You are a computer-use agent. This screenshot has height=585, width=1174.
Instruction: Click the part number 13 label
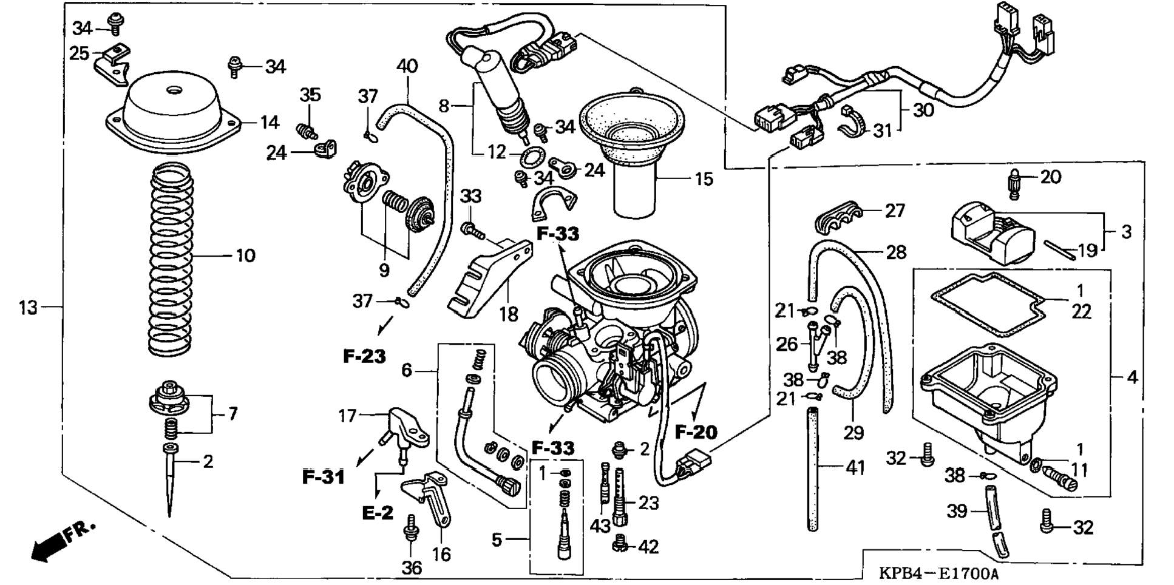[x=28, y=308]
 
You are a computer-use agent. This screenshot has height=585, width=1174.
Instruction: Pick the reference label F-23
[x=364, y=356]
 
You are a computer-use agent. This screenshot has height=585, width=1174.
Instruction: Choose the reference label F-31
[x=324, y=477]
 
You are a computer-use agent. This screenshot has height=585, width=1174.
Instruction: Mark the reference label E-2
[x=378, y=513]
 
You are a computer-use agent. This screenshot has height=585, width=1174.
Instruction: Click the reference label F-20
[x=696, y=432]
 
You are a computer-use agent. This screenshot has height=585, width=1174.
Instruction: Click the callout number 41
[x=855, y=467]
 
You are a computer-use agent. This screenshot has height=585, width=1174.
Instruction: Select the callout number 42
[x=648, y=547]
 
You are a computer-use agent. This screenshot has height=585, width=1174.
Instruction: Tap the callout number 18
[x=509, y=314]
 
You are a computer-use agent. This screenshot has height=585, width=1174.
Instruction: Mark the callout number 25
[x=80, y=53]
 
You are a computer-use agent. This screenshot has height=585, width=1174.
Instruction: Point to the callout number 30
[x=923, y=110]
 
